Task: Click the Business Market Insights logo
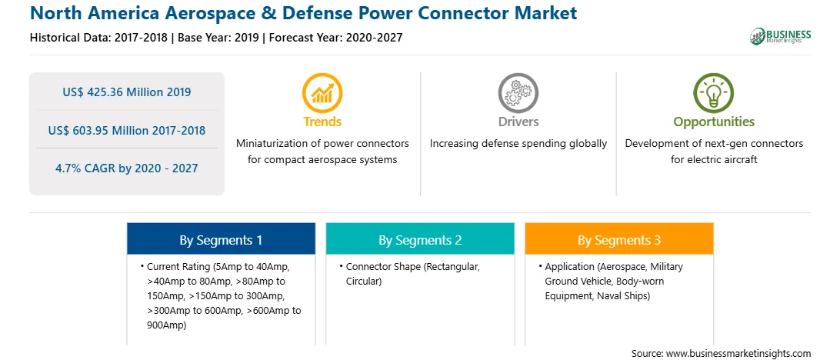[x=780, y=36]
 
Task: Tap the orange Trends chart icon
[x=322, y=92]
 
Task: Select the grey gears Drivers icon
[x=518, y=92]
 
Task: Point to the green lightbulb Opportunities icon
[x=714, y=92]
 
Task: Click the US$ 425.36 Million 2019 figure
[x=126, y=92]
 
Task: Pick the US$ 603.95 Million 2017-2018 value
[x=126, y=130]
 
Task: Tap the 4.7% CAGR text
[x=126, y=168]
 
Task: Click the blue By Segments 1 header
[x=221, y=239]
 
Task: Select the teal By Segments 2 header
[x=420, y=239]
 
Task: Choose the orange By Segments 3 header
[x=619, y=239]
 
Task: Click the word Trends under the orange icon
[x=322, y=122]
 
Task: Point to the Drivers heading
[x=518, y=122]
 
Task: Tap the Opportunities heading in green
[x=714, y=122]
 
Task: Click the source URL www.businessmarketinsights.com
[x=737, y=354]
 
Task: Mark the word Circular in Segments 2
[x=364, y=282]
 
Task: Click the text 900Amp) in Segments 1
[x=166, y=325]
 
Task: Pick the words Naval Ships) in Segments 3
[x=625, y=295]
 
